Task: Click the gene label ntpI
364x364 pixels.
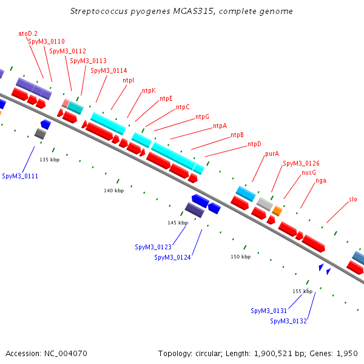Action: [128, 80]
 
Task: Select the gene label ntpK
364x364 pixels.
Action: [149, 90]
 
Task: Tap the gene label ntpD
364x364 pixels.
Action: [254, 144]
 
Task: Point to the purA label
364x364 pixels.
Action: [272, 153]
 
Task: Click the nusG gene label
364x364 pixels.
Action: [309, 172]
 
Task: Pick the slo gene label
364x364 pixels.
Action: [353, 199]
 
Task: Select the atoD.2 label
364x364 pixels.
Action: [28, 33]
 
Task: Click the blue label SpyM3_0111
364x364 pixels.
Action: [20, 176]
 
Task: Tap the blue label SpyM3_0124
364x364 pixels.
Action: [172, 257]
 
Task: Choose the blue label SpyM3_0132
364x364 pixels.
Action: [288, 321]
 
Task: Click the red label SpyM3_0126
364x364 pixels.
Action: [301, 163]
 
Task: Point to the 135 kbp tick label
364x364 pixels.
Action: [49, 160]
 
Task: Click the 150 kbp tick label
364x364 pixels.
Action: [240, 257]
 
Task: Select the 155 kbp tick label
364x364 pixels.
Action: [302, 291]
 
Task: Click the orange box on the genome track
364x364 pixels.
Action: [277, 211]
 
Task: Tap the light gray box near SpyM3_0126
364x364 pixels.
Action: [265, 203]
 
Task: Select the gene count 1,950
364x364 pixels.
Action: [348, 353]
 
